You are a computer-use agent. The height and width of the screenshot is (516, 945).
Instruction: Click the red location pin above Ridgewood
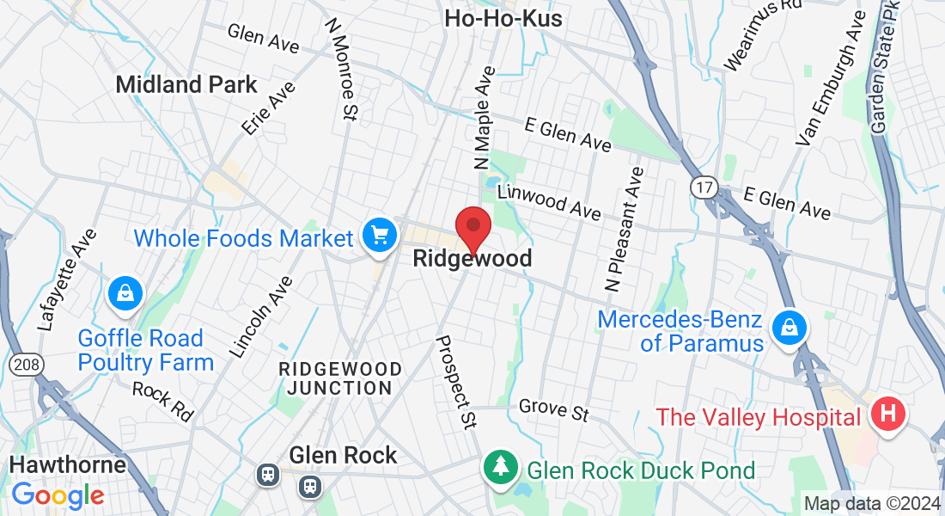[472, 229]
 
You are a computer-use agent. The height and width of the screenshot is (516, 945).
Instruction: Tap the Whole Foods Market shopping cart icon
[379, 235]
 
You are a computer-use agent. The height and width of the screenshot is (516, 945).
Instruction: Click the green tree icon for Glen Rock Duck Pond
[500, 467]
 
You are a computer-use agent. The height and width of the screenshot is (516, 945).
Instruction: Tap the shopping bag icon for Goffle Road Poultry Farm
[125, 292]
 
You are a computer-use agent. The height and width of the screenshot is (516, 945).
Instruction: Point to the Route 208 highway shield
[26, 365]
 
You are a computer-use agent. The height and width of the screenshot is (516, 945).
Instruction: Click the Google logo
[58, 495]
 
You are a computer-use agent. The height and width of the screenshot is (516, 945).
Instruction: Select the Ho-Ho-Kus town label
[503, 18]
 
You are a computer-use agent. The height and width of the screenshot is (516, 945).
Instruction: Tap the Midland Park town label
[186, 84]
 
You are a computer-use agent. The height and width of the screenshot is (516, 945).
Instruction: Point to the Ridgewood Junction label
[340, 378]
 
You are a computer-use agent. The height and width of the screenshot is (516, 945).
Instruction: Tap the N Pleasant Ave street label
[625, 230]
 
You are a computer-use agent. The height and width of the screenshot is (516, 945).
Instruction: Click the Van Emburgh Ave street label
[831, 89]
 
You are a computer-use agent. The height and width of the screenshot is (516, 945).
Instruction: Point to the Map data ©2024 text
[872, 503]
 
